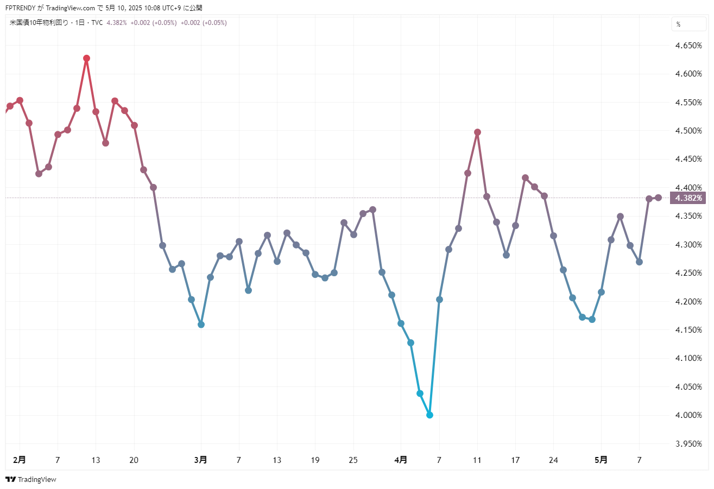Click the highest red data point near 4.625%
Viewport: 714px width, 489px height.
(86, 58)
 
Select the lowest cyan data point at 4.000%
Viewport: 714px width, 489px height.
(429, 415)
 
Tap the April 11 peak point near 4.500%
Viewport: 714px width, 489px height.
(477, 132)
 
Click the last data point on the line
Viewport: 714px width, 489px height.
(658, 198)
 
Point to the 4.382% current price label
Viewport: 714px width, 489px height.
(688, 198)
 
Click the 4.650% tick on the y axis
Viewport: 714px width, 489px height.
(688, 46)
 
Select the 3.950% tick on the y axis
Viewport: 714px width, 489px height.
(688, 444)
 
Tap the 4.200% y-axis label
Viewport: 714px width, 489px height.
(688, 302)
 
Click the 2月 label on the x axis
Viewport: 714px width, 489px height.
(19, 460)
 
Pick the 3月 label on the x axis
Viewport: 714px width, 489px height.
(200, 460)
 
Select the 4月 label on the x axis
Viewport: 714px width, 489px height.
(401, 460)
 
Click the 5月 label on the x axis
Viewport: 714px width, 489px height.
(601, 460)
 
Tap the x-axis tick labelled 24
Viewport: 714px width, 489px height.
(554, 460)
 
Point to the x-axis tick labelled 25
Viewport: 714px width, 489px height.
(353, 460)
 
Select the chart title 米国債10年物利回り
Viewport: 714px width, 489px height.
(39, 23)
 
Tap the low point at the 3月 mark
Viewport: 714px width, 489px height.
(201, 325)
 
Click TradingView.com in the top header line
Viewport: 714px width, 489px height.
(71, 8)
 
